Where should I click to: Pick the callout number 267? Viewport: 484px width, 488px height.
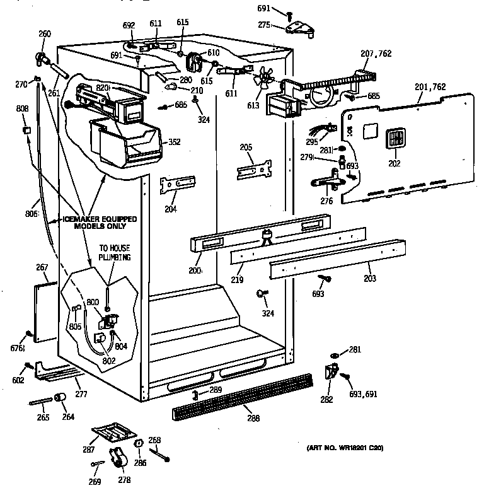[42, 268]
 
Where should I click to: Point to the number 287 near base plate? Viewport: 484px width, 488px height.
[88, 450]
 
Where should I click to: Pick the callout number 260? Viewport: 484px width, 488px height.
[45, 33]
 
